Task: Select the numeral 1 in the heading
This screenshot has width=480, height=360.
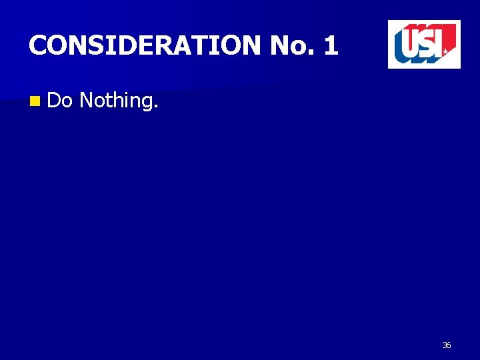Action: pyautogui.click(x=331, y=45)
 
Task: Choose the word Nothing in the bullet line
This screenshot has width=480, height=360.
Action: pyautogui.click(x=117, y=101)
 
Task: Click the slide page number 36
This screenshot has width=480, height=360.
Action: pyautogui.click(x=446, y=345)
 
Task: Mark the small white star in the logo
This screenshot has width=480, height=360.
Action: pyautogui.click(x=445, y=51)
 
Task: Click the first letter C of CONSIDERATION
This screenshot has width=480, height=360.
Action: pyautogui.click(x=37, y=45)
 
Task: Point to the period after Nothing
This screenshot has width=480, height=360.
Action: pyautogui.click(x=157, y=107)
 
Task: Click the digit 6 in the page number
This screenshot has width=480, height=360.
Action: pyautogui.click(x=449, y=345)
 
